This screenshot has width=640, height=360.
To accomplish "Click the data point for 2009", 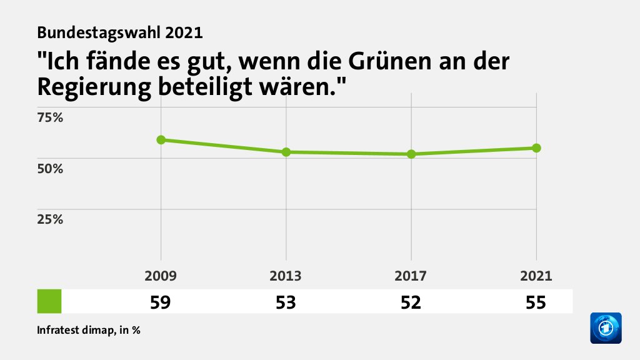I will tap(161, 139).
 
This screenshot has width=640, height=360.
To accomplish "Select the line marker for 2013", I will tap(286, 152).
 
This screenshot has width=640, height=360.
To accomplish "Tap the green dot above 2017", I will tap(411, 154).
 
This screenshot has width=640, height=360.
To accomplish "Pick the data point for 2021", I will tap(536, 147).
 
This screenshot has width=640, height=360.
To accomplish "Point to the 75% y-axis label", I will tap(51, 117).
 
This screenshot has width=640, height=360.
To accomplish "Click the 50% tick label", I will tap(51, 168).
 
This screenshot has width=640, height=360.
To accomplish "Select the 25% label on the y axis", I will tap(51, 219).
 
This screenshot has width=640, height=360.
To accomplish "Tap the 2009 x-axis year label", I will tap(161, 276).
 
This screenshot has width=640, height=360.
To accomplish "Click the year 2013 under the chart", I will tap(286, 276).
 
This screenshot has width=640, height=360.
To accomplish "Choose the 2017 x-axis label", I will tap(411, 276).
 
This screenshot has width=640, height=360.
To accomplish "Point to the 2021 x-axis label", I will tap(536, 276).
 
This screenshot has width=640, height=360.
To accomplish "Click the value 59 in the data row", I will tap(161, 302).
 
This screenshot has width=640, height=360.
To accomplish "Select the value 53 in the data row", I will tap(286, 302).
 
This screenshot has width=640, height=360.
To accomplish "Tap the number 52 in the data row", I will tap(411, 302).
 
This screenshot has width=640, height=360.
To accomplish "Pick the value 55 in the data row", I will tap(536, 302).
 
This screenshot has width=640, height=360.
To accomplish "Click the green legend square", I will tap(49, 301).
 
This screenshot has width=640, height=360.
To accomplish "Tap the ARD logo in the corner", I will tap(606, 327).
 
